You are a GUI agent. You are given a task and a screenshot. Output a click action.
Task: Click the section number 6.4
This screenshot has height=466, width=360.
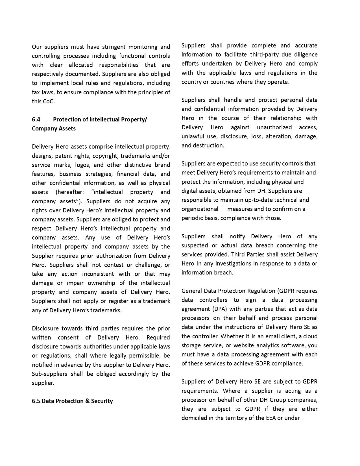tap(36, 119)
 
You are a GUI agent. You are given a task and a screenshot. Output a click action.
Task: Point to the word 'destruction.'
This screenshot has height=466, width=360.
tap(208, 145)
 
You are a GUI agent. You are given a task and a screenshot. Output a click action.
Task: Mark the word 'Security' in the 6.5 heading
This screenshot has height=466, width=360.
tap(102, 401)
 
